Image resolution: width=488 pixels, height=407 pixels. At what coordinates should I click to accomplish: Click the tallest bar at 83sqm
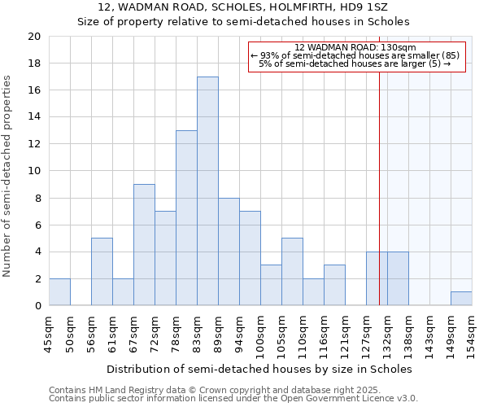coord(207,191)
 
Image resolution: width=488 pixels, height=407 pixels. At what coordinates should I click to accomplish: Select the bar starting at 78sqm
coord(186,218)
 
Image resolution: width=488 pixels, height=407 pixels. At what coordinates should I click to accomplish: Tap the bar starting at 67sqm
coord(144,245)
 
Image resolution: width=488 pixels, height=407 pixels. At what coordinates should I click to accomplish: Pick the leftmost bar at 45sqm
coord(59,292)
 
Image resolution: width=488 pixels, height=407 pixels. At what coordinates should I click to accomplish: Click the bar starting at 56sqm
coord(102,272)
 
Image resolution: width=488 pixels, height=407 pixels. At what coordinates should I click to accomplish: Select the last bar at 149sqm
coord(461,299)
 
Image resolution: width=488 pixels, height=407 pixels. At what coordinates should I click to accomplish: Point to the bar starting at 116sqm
coord(334,286)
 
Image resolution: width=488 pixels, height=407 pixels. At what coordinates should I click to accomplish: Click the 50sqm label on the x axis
coord(70,333)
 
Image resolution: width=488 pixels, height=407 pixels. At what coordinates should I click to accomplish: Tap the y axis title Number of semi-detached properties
coord(7,176)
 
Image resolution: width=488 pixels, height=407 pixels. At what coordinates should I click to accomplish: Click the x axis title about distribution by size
coord(259,369)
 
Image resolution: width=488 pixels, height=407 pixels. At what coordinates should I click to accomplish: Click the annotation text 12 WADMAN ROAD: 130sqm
coord(355,47)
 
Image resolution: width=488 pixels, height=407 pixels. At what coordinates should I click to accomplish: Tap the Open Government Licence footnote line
coord(233,398)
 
